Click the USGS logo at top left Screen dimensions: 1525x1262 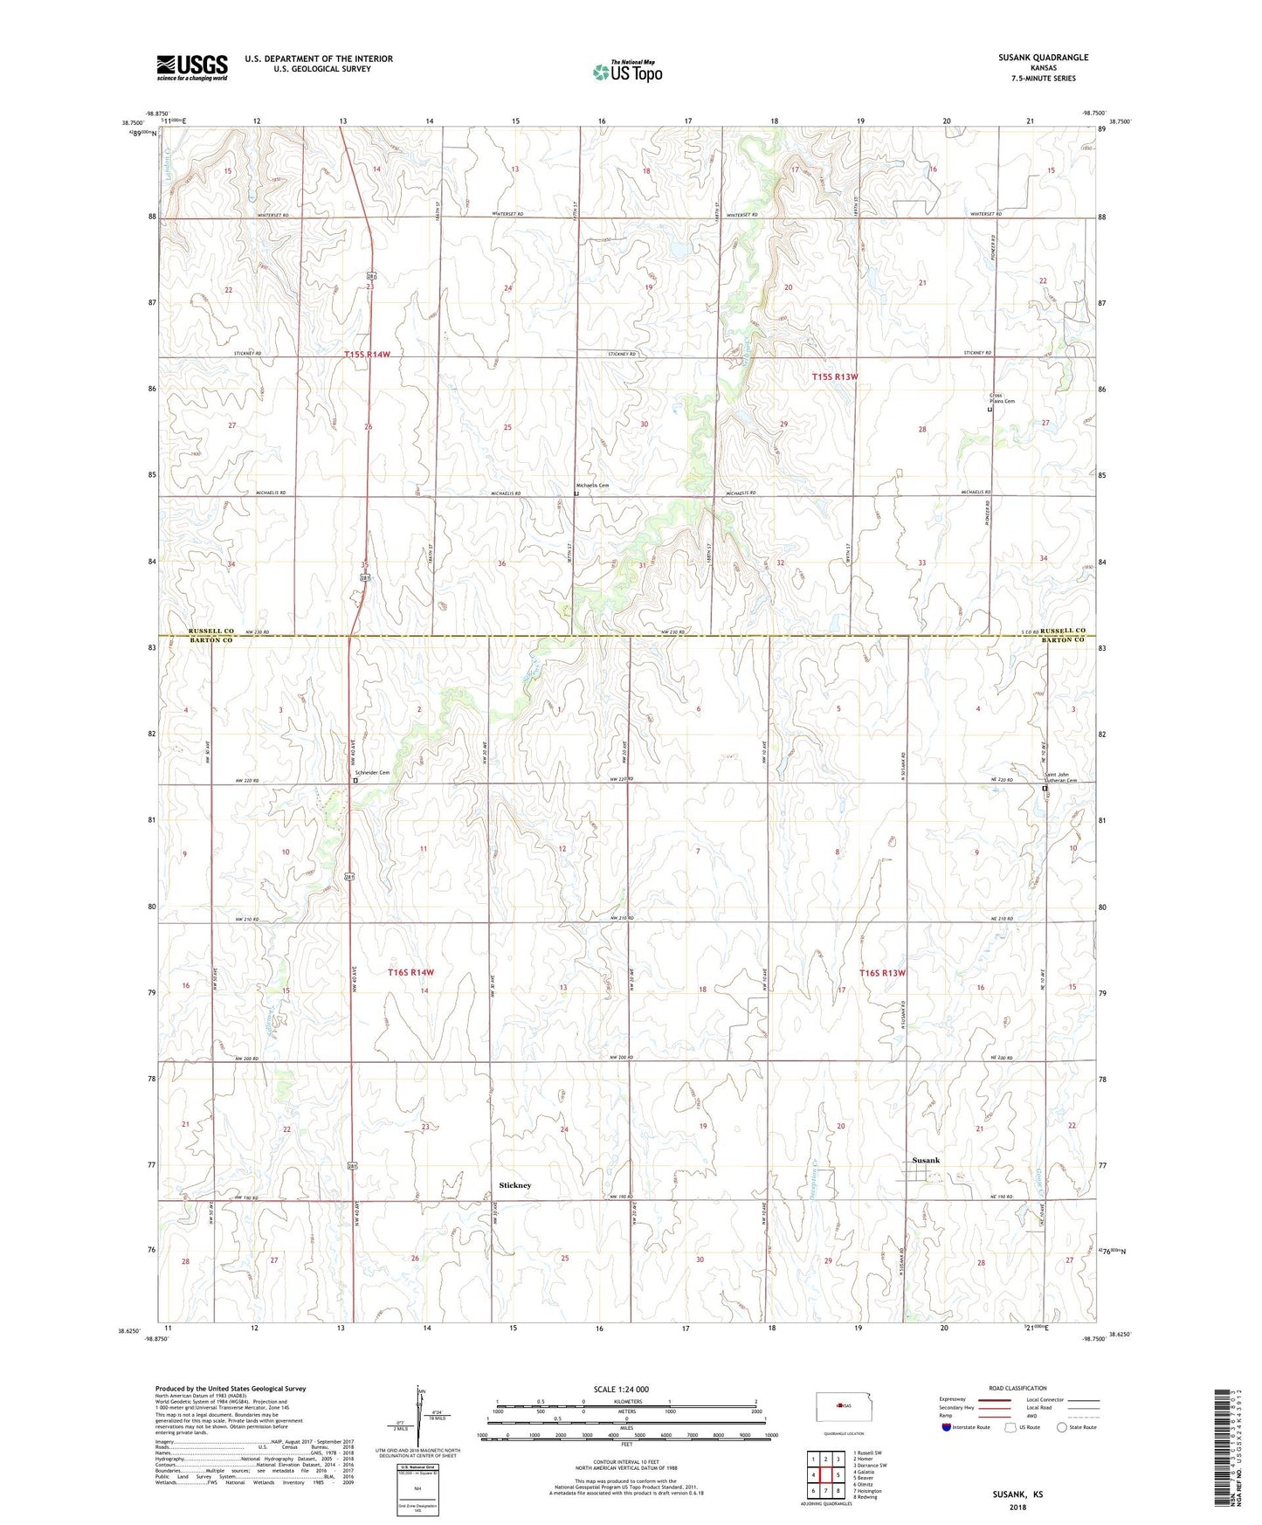click(191, 67)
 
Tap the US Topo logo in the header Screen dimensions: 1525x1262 click(626, 72)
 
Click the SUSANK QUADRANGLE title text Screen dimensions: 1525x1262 click(1043, 58)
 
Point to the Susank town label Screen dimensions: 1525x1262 click(926, 1160)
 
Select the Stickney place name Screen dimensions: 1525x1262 click(514, 1185)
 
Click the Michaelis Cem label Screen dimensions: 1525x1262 click(591, 486)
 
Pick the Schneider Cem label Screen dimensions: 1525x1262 click(371, 773)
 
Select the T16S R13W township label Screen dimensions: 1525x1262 click(882, 972)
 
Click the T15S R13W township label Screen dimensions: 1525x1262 click(835, 376)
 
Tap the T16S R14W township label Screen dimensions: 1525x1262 click(410, 972)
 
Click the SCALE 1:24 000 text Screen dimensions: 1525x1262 click(620, 1390)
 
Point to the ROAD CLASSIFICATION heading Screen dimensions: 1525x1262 click(1017, 1388)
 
